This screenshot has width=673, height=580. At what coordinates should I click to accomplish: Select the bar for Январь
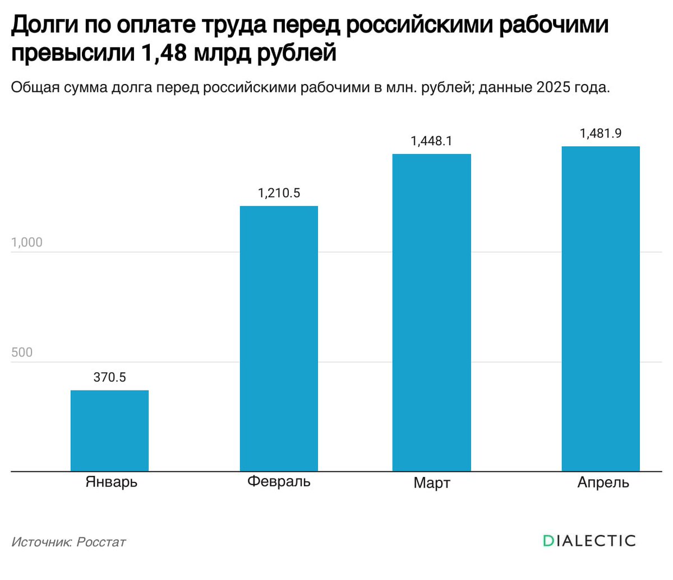coord(109,430)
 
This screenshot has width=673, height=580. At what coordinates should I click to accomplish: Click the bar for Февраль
coord(279,338)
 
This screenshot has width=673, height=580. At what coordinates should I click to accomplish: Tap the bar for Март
coord(431,312)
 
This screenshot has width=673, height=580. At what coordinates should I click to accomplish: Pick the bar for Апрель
coord(601,309)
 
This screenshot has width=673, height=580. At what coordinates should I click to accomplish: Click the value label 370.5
coord(109,377)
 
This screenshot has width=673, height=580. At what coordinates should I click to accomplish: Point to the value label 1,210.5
coord(279,193)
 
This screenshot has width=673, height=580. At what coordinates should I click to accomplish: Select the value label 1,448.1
coord(431,141)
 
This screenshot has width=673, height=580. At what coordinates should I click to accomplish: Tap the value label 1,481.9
coord(601,133)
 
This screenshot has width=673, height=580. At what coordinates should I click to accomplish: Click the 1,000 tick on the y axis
coord(26,243)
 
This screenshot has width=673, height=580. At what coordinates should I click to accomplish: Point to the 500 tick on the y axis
coord(22,352)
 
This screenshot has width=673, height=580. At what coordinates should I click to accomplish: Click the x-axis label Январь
coord(111,482)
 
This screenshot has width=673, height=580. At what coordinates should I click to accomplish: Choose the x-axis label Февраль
coord(279,482)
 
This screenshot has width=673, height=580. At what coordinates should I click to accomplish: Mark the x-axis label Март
coord(431,483)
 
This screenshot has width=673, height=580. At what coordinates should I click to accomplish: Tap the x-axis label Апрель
coord(603,482)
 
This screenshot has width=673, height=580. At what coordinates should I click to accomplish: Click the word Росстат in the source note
coord(101,542)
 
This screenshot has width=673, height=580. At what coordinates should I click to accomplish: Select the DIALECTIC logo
coord(589,541)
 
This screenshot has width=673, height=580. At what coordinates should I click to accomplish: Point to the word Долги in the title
coord(45,25)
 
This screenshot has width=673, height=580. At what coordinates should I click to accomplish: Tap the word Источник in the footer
coord(41,542)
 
